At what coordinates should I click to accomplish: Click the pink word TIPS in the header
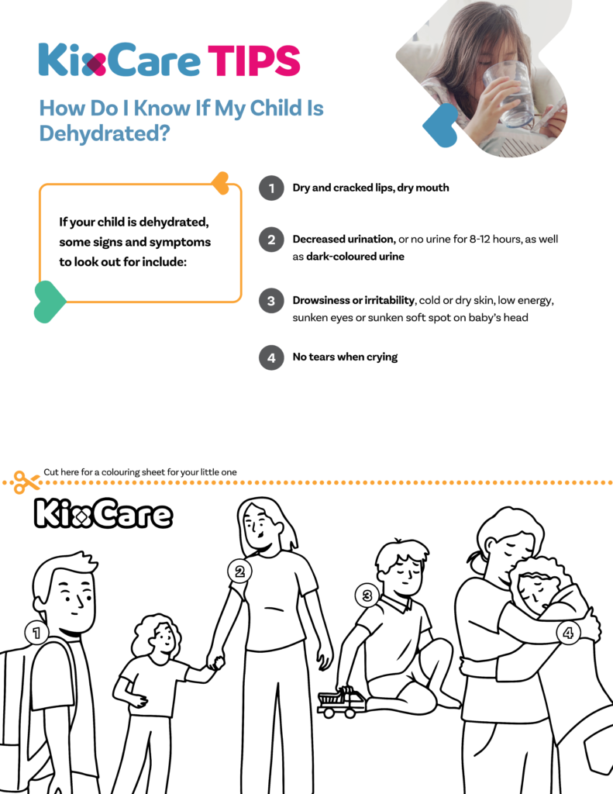point(254,60)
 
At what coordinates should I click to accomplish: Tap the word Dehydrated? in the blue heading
point(105,133)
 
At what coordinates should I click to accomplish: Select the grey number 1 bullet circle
point(271,188)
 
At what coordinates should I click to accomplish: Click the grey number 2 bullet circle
point(271,240)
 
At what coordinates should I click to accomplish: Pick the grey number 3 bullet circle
point(271,301)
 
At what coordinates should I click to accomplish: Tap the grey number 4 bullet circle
point(271,357)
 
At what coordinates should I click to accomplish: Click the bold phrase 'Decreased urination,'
point(344,239)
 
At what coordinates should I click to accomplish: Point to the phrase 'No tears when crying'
point(345,357)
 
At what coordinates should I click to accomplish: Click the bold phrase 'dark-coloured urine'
point(356,256)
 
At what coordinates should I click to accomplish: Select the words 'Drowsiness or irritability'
point(353,300)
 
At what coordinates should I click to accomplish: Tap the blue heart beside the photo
point(440,125)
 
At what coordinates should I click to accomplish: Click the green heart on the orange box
point(49,302)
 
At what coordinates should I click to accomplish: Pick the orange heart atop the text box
point(221,183)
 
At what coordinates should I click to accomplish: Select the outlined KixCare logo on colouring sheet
point(103,513)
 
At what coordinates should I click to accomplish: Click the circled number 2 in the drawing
point(239,571)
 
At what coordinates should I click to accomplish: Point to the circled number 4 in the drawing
point(568,633)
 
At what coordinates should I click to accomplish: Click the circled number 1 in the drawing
point(36,633)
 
